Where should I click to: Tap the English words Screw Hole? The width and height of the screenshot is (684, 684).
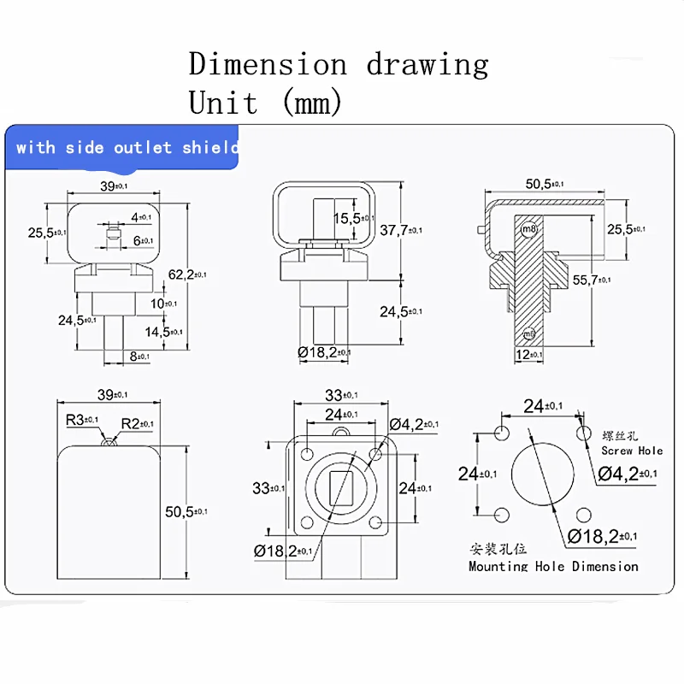[x=632, y=451]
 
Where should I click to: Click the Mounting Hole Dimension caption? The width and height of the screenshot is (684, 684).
[x=553, y=566]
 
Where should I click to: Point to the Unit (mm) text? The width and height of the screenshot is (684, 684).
[x=266, y=103]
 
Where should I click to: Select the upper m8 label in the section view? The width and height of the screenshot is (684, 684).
[x=529, y=228]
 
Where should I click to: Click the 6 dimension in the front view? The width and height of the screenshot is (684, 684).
[x=141, y=241]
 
